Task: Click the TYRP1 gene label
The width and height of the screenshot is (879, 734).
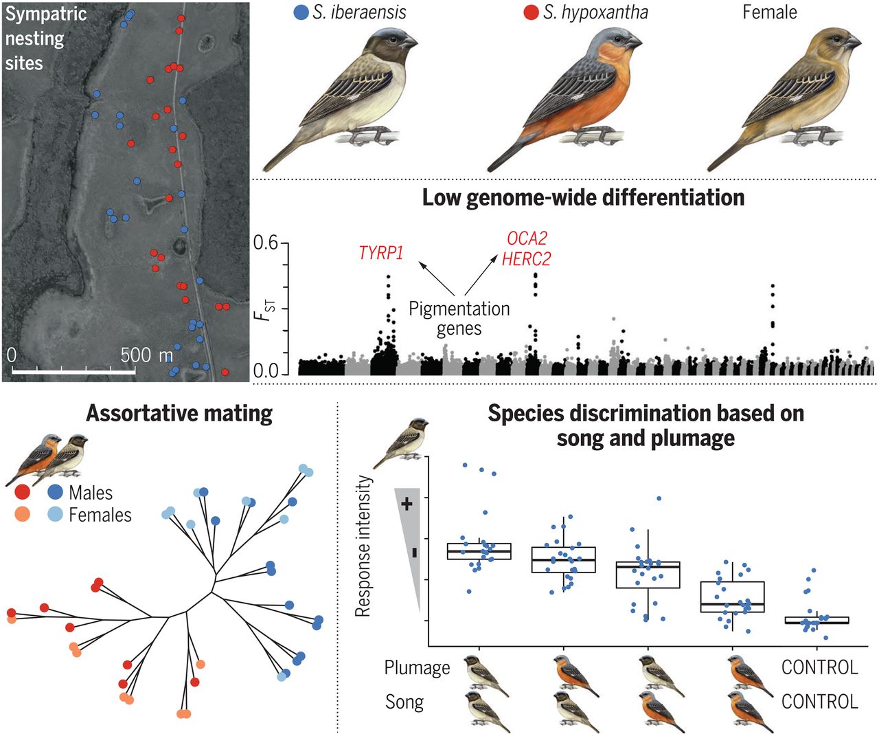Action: [381, 253]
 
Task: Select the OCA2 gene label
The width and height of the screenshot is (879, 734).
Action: [527, 238]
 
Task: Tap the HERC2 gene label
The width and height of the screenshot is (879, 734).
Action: [527, 258]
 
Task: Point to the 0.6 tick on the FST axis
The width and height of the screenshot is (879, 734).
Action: [266, 243]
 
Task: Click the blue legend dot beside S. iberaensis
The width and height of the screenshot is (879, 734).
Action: [300, 12]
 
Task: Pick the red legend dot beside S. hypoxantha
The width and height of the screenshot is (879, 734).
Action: [530, 12]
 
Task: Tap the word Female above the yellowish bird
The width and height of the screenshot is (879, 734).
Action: [769, 12]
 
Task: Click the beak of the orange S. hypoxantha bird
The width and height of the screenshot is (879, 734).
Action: [634, 43]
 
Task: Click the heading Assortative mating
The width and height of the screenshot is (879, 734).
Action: [179, 413]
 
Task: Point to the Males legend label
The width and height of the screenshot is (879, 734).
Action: [91, 493]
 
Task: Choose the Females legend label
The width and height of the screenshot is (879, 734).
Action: [100, 515]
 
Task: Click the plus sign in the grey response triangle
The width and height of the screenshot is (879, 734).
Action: [407, 504]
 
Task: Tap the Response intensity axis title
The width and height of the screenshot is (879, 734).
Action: [363, 546]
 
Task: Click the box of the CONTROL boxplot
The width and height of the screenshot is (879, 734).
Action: [817, 620]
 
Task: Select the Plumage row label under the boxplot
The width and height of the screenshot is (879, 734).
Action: [417, 667]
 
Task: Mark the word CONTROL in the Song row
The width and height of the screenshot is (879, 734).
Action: [820, 702]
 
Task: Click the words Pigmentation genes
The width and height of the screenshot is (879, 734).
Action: [459, 319]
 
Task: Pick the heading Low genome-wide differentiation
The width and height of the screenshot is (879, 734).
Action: [583, 198]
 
